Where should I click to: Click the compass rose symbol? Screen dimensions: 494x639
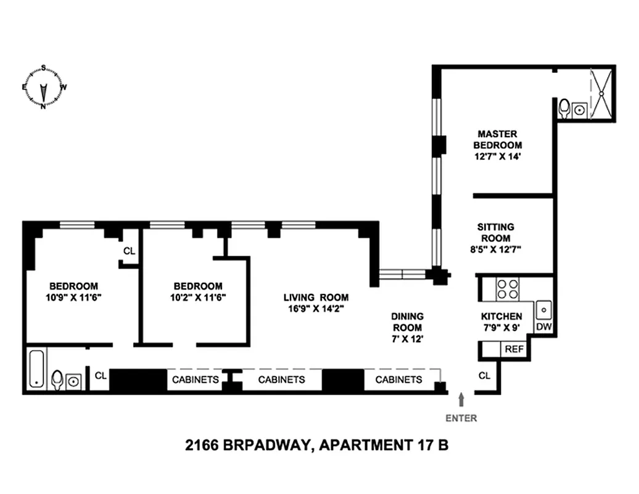(x=44, y=87)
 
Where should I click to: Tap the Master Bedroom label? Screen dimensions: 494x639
(x=497, y=140)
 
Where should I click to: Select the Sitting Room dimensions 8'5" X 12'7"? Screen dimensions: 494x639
(x=495, y=249)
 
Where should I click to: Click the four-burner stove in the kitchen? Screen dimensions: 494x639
(x=508, y=288)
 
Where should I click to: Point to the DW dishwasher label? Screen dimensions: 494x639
(x=543, y=327)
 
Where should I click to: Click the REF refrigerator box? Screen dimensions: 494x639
(x=514, y=349)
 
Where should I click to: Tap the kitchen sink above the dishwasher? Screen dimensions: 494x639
(x=543, y=308)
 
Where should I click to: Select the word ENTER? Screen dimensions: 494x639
(x=461, y=418)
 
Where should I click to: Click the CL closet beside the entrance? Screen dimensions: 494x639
(x=484, y=375)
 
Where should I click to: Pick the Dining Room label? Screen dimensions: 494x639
(x=407, y=322)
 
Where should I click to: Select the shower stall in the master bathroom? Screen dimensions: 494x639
(x=602, y=93)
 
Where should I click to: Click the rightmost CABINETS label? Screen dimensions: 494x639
(x=399, y=379)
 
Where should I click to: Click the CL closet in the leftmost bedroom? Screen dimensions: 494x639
(x=129, y=251)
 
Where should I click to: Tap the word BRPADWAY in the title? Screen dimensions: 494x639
(x=262, y=445)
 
